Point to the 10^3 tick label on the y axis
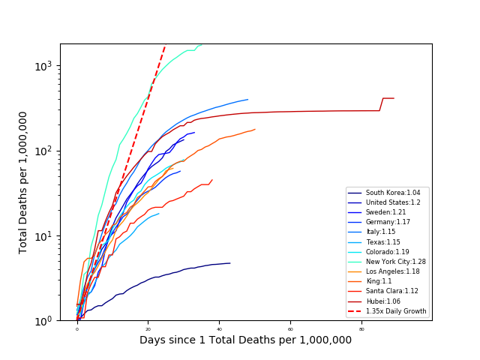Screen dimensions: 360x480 pos(43,65)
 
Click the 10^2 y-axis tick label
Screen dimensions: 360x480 pos(43,151)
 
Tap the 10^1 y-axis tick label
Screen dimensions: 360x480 pos(43,235)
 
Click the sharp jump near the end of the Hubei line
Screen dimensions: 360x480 pos(381,104)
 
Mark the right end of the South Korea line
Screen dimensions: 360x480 pos(230,263)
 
